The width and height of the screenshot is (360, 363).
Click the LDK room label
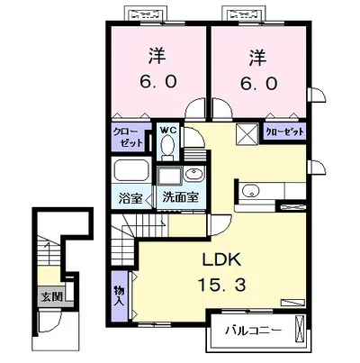coord(221,259)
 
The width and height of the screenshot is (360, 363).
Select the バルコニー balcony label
coord(254,331)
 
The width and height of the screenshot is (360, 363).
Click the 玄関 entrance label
coord(51,297)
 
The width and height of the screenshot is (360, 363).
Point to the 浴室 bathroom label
coord(130,198)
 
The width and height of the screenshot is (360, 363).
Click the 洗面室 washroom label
coord(181,197)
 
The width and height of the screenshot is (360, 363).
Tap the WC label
coord(168,131)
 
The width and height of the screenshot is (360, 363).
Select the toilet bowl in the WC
coord(167,146)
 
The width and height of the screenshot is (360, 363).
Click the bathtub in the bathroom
coord(130,171)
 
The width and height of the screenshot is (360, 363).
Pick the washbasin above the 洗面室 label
coord(193,174)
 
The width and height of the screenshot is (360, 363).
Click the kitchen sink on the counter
coord(250,190)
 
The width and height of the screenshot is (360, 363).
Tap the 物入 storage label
coord(119,295)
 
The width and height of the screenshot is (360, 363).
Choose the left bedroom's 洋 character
coord(157,57)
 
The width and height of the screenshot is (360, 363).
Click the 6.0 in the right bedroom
coord(258,84)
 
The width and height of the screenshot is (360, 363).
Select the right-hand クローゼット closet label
coord(284,132)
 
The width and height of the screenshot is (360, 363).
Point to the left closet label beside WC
coord(128,137)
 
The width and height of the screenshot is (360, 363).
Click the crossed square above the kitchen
coord(247,134)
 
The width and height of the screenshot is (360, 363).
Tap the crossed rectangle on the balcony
coord(300,327)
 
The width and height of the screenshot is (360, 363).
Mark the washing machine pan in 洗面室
coord(169,176)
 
